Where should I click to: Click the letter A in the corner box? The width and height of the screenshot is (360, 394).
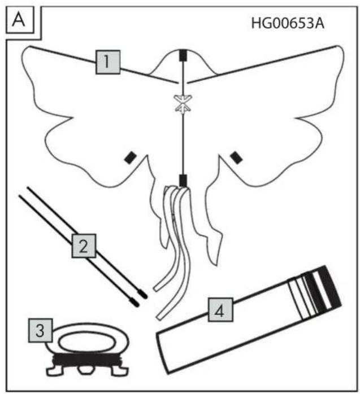click(19, 20)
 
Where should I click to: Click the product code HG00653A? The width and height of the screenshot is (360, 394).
click(288, 23)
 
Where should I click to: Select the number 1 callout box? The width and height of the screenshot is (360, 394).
click(108, 62)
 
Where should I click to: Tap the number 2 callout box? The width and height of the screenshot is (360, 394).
click(84, 246)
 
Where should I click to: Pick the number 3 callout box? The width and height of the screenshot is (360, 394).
click(40, 330)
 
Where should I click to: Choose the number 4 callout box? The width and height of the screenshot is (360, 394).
click(220, 309)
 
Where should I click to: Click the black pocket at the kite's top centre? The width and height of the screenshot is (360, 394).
click(183, 55)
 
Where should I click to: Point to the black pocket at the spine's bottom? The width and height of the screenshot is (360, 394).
click(183, 181)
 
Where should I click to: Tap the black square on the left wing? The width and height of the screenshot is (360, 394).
click(131, 158)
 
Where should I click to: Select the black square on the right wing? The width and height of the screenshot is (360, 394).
click(236, 157)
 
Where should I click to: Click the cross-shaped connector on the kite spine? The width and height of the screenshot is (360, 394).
click(184, 103)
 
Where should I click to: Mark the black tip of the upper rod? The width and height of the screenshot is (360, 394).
click(143, 295)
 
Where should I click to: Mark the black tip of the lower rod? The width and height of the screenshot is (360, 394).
click(135, 303)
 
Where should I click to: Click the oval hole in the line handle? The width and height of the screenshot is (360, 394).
click(87, 342)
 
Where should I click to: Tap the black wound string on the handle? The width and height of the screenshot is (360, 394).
click(87, 360)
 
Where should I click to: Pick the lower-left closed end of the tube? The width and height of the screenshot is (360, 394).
click(163, 354)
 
